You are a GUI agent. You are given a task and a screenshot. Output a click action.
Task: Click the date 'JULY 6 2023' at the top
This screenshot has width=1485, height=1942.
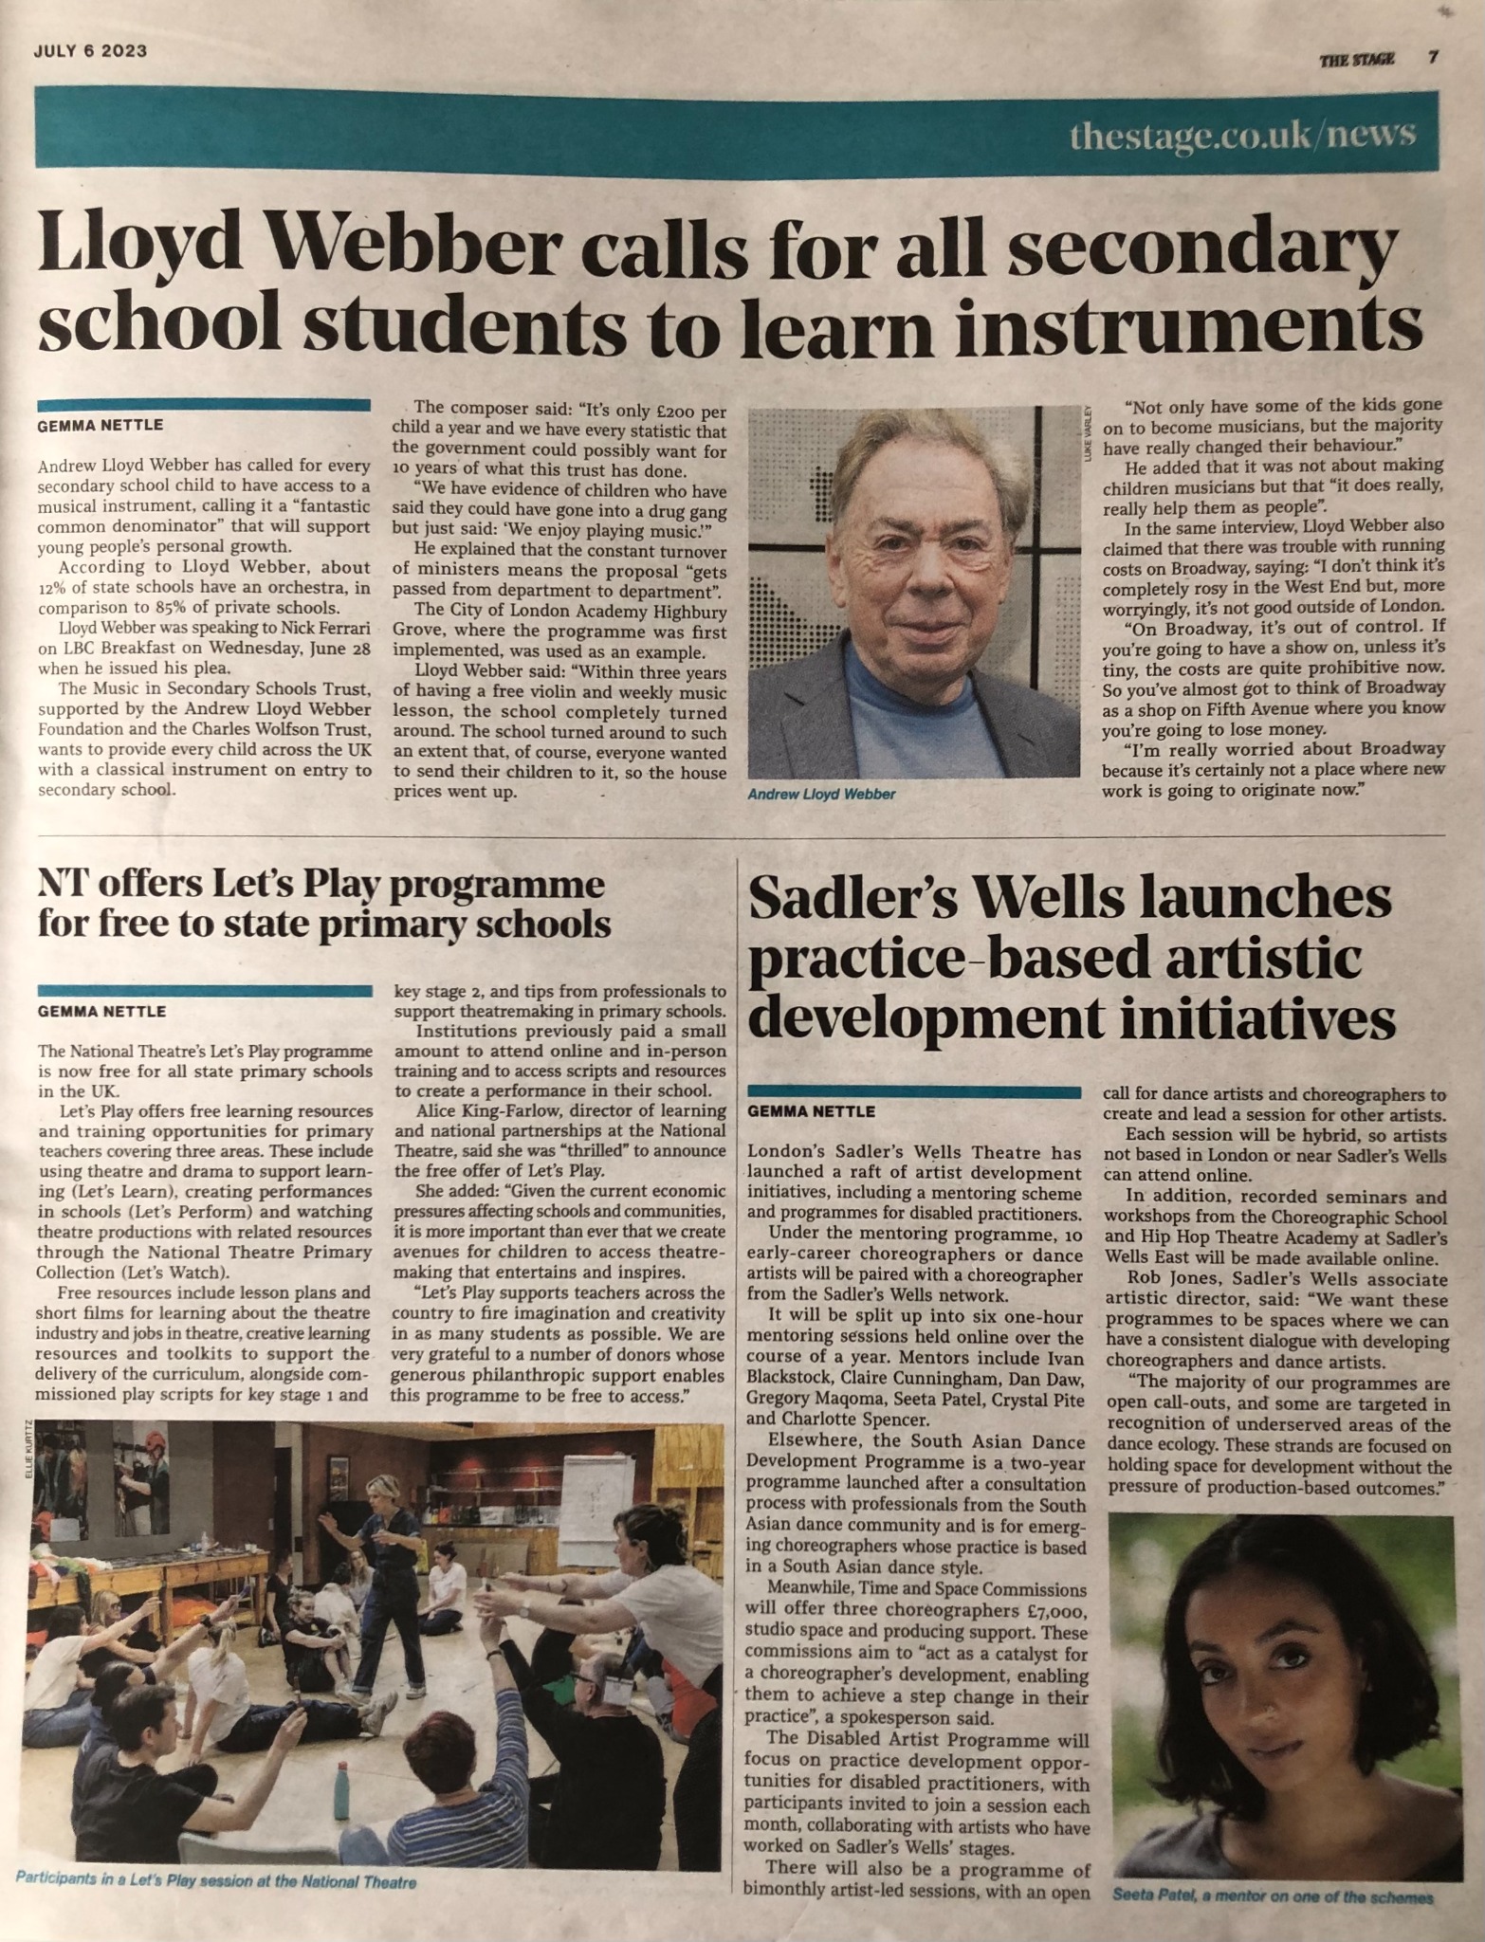tap(90, 51)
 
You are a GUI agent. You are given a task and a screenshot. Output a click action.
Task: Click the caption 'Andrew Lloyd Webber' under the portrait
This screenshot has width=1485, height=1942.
tap(821, 794)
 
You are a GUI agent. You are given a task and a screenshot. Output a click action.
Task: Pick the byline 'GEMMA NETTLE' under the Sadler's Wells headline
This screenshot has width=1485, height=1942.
tap(812, 1110)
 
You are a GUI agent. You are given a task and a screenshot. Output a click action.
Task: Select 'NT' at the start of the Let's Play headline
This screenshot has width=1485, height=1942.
tap(62, 886)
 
